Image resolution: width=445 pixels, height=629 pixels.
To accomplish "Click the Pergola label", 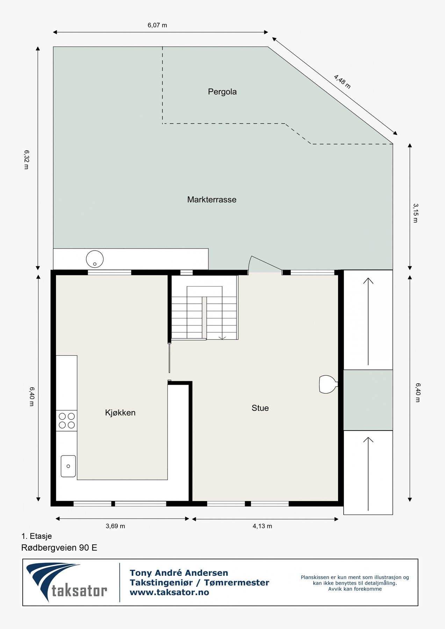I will tap(222, 92).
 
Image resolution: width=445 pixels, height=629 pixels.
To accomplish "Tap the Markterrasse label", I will tap(211, 200).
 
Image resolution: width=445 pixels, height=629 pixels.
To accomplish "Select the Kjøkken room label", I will tap(120, 412).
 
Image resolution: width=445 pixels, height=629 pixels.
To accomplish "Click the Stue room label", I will tap(260, 408).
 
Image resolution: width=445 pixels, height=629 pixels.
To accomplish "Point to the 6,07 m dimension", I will tap(157, 25).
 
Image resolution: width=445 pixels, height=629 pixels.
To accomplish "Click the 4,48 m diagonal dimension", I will tap(342, 82).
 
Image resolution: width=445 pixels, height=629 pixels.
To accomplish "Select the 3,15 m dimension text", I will tap(415, 213).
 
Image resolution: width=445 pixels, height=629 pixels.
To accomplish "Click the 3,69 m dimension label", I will tap(115, 526).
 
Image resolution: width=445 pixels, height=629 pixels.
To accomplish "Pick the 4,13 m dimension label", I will tap(262, 526).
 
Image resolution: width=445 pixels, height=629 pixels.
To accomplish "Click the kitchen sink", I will tap(68, 466).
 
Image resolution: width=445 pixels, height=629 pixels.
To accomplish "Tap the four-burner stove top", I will tap(66, 420).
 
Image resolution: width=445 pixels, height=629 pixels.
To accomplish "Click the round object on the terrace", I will tap(95, 259).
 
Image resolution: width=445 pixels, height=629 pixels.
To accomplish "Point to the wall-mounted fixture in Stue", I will tap(328, 384).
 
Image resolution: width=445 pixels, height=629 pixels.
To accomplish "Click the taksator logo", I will tap(66, 581).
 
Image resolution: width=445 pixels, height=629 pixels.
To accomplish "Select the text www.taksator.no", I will tap(169, 592).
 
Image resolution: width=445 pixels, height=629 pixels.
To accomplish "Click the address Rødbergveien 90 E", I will tap(59, 548).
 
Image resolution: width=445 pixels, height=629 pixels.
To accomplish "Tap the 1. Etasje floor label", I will tap(36, 536).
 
